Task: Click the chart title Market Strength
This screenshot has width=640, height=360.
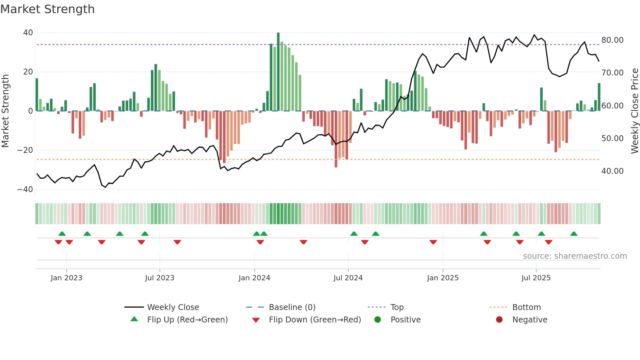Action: click(47, 9)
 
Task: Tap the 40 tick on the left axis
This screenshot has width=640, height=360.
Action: click(28, 33)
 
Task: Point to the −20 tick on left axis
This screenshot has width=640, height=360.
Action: click(25, 150)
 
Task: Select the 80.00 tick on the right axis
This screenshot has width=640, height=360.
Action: click(612, 40)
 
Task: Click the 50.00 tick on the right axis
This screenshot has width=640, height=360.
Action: click(612, 139)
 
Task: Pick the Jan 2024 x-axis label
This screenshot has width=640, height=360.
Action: click(254, 278)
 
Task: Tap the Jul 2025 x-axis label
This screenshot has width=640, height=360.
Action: click(536, 278)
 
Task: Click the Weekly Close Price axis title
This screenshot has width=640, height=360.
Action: click(634, 111)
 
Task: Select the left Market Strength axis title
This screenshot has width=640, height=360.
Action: click(6, 111)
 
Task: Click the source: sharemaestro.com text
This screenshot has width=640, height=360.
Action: click(575, 256)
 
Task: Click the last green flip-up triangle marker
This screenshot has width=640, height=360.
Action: click(574, 234)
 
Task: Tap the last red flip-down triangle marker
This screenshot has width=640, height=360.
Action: click(549, 242)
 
